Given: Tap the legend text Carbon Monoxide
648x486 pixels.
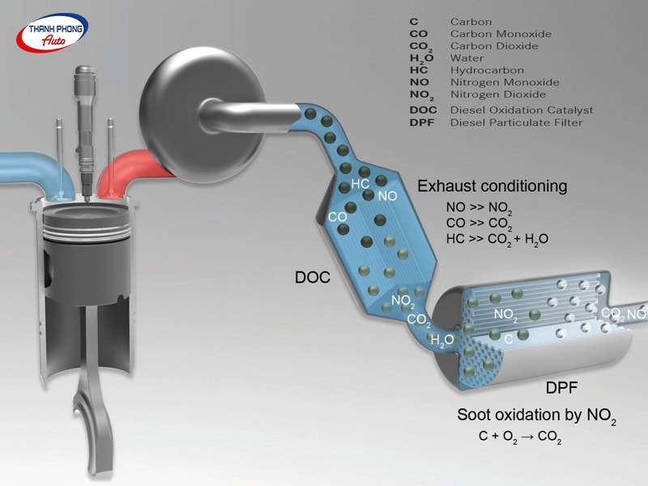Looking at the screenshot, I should [501, 34].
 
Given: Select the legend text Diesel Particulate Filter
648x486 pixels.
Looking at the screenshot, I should [516, 122].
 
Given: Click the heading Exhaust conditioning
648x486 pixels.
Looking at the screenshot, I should [492, 186].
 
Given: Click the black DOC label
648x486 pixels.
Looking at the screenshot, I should [313, 278].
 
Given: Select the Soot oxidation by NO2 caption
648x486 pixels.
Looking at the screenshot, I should [536, 416].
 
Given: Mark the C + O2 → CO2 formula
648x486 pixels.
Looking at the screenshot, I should [521, 438].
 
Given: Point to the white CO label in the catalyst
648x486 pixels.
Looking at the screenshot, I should [337, 217].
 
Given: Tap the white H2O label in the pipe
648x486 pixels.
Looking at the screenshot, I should [442, 340].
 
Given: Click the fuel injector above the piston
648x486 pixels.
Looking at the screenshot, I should [83, 122].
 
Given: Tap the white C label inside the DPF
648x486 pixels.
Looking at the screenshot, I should [508, 338].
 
